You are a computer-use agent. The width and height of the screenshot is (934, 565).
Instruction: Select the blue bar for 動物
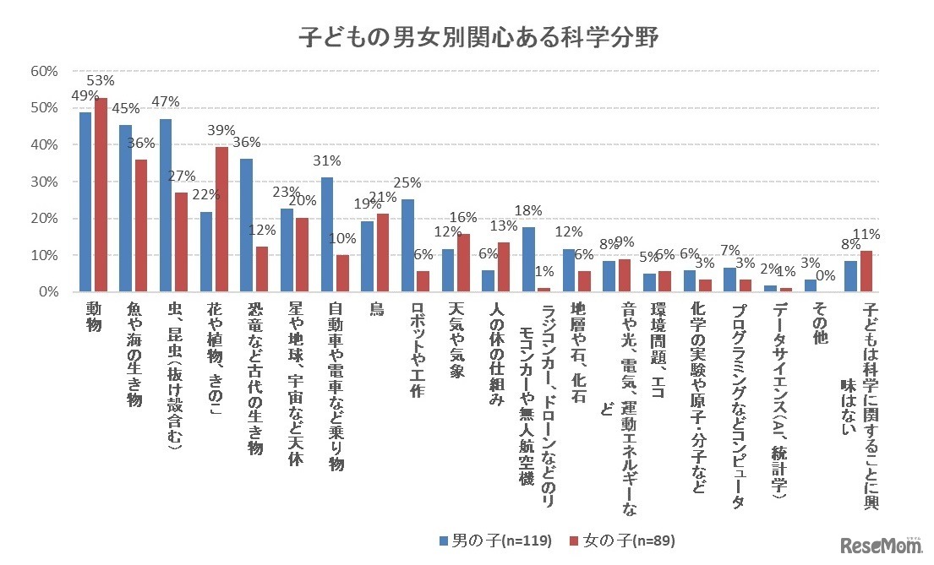point(85,202)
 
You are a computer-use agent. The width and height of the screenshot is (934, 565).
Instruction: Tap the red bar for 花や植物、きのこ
point(222,220)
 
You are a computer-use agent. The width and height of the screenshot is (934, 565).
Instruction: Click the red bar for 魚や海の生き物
point(142,225)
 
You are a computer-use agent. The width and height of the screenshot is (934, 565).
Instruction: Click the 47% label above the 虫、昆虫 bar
point(166,102)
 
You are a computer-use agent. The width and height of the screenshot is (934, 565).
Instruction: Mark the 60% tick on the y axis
point(44,71)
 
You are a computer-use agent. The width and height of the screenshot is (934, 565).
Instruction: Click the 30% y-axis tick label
point(44,182)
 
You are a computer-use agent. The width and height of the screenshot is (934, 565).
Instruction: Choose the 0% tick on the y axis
point(46,291)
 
